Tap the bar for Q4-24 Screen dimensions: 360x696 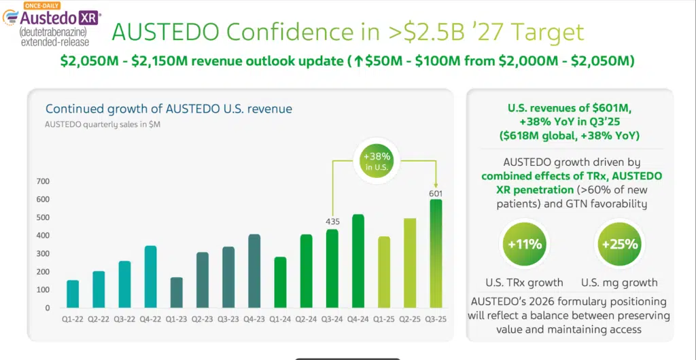(x=358, y=261)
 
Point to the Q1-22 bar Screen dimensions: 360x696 (x=73, y=293)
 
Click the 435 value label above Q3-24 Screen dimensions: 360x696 (x=332, y=221)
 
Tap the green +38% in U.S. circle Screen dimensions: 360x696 (x=377, y=161)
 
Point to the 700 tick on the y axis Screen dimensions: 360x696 (x=42, y=181)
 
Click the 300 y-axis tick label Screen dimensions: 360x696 (x=42, y=253)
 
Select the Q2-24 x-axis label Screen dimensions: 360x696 (x=306, y=318)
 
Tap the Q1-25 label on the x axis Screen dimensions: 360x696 (x=384, y=318)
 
